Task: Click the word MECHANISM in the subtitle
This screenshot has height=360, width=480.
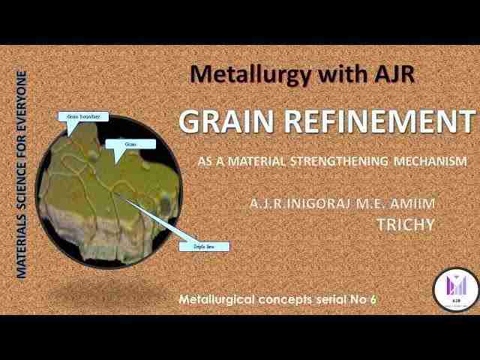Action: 433,160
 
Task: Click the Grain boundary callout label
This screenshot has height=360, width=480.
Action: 84,117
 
